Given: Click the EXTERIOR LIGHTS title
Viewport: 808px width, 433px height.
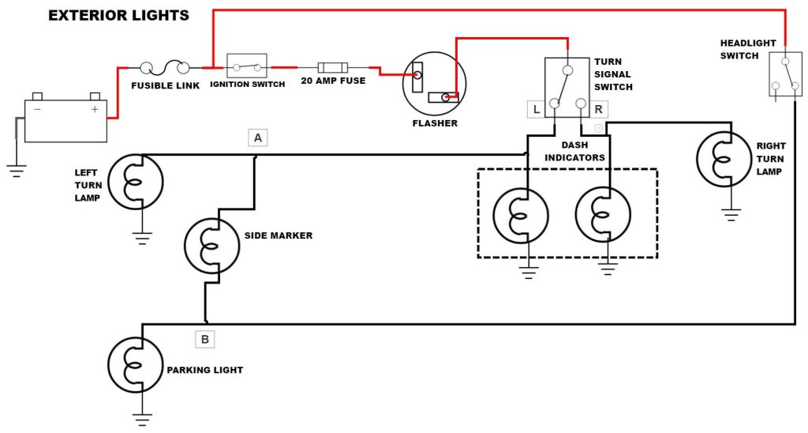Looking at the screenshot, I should (118, 15).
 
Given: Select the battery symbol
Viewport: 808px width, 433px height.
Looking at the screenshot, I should (65, 119).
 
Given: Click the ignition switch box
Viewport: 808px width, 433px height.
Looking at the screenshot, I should (247, 66).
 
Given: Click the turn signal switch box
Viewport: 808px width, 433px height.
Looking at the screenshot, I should (567, 87).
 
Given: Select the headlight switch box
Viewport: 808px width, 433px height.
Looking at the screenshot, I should (784, 76).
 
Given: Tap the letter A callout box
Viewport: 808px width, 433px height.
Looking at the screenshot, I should (257, 137).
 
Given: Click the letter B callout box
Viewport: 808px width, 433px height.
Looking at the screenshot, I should (204, 340).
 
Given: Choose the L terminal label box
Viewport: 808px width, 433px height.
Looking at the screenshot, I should (537, 109).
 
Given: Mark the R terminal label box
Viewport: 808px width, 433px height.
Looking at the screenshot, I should (598, 109).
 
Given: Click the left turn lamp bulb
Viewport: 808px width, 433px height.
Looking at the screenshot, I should (135, 182).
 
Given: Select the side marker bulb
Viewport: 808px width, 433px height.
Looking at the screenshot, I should (211, 246).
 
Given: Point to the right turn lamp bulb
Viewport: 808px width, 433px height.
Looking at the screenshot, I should (724, 159).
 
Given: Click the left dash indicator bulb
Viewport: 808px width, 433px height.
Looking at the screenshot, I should (521, 215).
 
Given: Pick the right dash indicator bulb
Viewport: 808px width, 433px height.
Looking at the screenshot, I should (603, 215).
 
